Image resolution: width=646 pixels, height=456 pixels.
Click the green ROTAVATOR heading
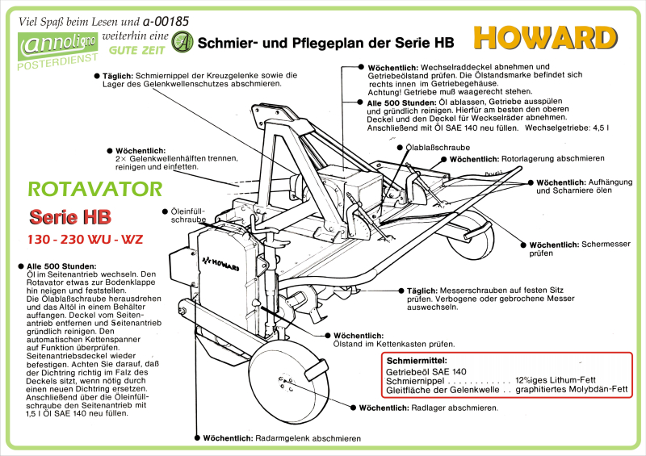point(95,190)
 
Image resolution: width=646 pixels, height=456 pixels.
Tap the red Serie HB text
point(70,217)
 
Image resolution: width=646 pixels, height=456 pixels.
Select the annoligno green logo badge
point(58,47)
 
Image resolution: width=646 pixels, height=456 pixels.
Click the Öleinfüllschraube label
point(188,215)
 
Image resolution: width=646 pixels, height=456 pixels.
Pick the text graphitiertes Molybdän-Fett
point(575,390)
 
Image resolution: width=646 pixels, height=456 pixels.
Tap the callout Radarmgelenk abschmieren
point(283,438)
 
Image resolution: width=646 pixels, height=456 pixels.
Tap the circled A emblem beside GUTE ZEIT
point(183,41)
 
